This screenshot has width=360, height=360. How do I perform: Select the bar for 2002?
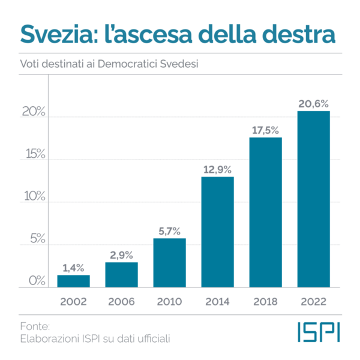(73, 281)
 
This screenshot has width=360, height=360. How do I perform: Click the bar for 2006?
(121, 275)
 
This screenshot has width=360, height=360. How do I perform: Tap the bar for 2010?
(169, 263)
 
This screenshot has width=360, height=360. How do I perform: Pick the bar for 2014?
(217, 232)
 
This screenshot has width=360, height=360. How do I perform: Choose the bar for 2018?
(265, 212)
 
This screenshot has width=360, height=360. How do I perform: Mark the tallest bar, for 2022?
(313, 199)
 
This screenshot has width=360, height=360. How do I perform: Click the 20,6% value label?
(313, 104)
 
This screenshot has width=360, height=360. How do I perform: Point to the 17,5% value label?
(265, 130)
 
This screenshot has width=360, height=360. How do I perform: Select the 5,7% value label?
(169, 230)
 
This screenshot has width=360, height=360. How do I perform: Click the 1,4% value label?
(73, 268)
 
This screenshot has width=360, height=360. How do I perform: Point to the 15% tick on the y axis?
(35, 154)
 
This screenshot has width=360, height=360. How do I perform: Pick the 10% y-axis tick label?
(35, 196)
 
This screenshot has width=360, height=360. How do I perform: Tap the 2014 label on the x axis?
(217, 301)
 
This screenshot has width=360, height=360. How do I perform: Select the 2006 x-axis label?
(121, 301)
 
